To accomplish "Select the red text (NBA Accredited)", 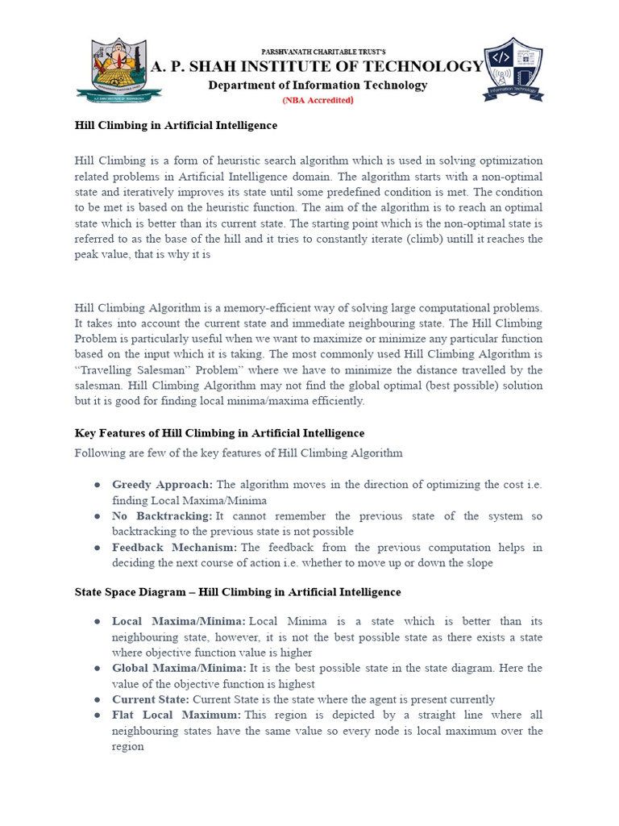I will [x=318, y=101].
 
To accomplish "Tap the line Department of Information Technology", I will [x=318, y=86].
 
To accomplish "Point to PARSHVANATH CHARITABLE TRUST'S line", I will [x=318, y=51].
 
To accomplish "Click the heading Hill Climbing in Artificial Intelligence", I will [x=176, y=126].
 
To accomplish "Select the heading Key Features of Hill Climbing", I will [x=219, y=433].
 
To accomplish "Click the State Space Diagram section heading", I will [x=237, y=592].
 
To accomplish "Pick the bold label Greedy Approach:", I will [x=162, y=485].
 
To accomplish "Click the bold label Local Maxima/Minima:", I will [x=179, y=621].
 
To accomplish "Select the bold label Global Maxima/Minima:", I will [x=179, y=669].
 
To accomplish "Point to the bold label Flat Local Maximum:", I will [x=177, y=715].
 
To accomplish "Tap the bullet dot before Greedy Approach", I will [x=97, y=485].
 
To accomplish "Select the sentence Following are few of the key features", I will [x=239, y=453].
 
